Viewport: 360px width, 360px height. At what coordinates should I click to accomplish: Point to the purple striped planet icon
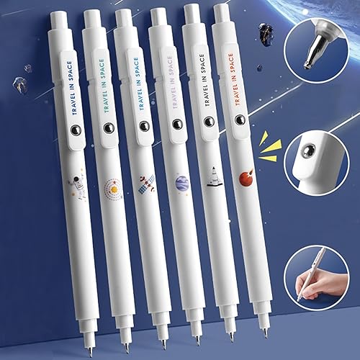click(x=181, y=182)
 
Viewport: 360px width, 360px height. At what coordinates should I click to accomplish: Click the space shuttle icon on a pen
click(x=212, y=175)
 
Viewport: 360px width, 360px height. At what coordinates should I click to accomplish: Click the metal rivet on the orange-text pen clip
click(x=240, y=119)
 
